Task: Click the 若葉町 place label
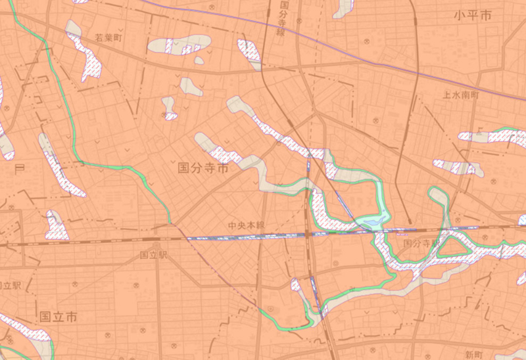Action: pos(108,38)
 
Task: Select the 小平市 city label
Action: pos(472,16)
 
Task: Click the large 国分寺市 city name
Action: pos(203,169)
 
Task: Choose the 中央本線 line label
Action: pos(246,225)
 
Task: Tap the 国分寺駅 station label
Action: pos(420,244)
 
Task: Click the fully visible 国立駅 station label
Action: pos(155,254)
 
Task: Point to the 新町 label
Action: pos(473,354)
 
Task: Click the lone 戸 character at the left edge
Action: pos(18,169)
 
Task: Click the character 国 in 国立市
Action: pos(45,317)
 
